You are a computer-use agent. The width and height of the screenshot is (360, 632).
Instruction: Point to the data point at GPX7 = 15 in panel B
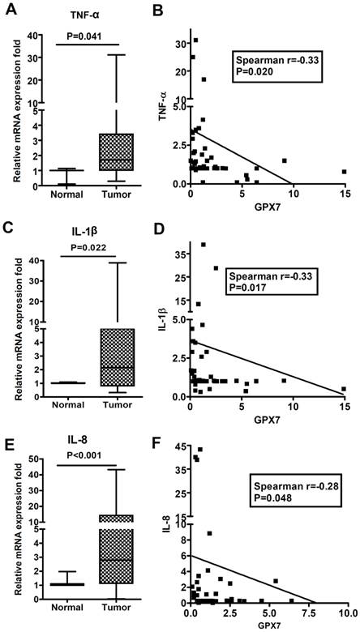tap(344, 172)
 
